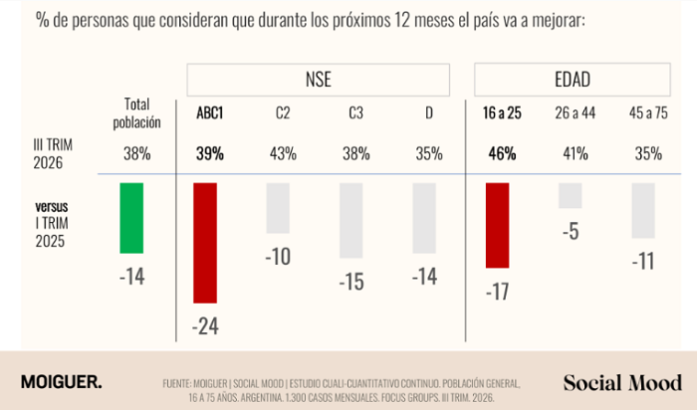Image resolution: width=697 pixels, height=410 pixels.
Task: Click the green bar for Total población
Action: [131, 218]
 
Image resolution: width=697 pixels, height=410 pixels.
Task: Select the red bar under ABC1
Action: [205, 243]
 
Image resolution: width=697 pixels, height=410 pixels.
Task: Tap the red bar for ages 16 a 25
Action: [498, 225]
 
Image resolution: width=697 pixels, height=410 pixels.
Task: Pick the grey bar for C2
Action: [278, 208]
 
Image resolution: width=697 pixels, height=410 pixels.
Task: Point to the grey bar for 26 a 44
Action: [571, 195]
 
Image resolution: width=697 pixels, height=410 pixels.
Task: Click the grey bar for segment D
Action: [424, 218]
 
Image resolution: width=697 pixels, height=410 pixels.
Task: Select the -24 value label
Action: [205, 326]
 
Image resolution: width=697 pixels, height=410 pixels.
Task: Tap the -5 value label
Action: [571, 232]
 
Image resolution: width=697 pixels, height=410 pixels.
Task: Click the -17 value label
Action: [498, 292]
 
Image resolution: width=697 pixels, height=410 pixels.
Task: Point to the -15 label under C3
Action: [351, 282]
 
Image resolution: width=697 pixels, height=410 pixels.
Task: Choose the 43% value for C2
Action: [283, 153]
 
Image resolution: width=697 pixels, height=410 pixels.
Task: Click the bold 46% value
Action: [502, 153]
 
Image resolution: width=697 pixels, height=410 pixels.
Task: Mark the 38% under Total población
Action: [137, 153]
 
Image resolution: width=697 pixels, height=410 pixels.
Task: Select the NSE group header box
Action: [319, 80]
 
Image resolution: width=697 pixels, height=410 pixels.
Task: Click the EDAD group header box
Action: [573, 80]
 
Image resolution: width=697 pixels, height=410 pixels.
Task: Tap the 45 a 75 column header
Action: [648, 112]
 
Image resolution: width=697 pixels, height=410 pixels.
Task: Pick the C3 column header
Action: [355, 112]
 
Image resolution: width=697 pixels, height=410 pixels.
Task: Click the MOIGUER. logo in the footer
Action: [62, 382]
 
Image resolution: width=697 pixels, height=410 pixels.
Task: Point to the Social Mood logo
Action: [622, 383]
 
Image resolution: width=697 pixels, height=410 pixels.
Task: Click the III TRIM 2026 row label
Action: [53, 153]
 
